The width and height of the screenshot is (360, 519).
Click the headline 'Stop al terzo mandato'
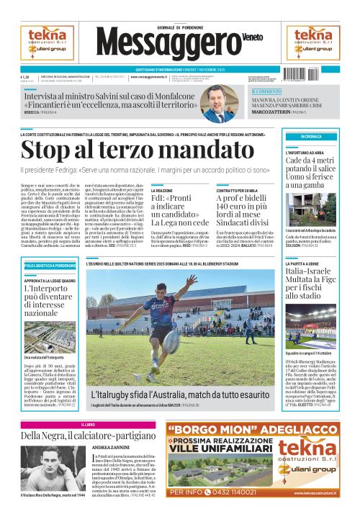click(x=109, y=150)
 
